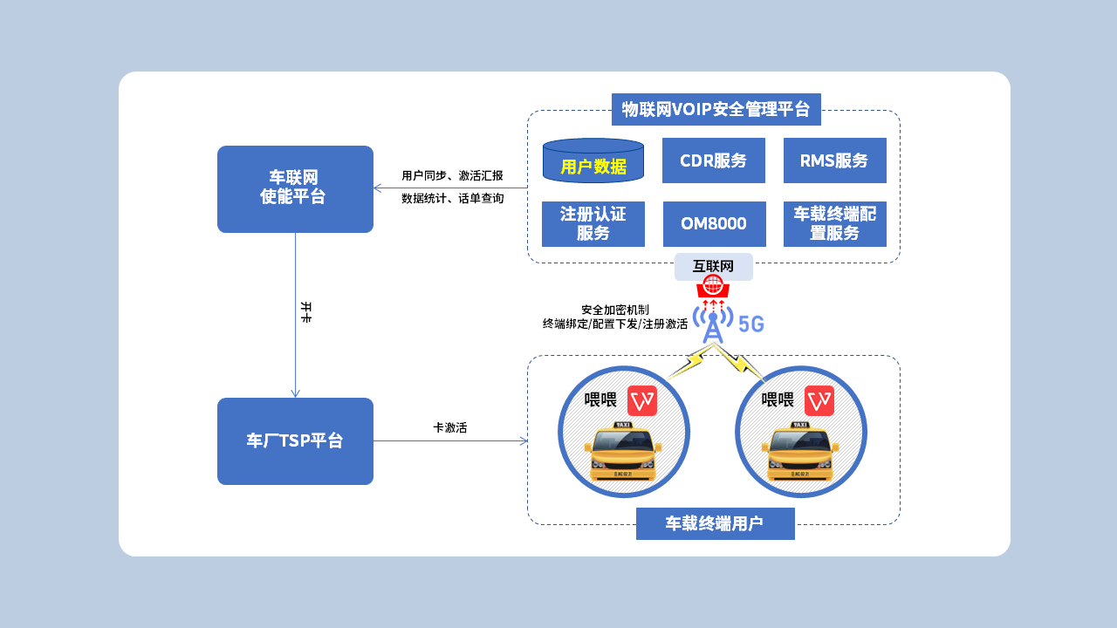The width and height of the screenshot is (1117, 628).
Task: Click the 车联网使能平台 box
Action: pos(295,188)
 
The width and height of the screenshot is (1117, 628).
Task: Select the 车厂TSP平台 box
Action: pos(295,441)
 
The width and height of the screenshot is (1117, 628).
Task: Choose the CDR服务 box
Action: pos(714,160)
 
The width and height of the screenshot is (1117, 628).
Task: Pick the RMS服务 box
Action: pos(835,160)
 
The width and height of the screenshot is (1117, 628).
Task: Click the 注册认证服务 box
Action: pos(593,224)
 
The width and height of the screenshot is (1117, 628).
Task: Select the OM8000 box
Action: pos(714,224)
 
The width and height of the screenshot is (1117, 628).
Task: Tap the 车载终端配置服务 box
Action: pos(835,224)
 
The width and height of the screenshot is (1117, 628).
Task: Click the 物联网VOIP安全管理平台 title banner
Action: pos(716,110)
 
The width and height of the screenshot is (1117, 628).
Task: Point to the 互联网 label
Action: pos(714,267)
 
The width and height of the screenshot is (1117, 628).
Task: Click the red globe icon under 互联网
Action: pos(713,285)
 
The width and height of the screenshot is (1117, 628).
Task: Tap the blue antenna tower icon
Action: pos(713,323)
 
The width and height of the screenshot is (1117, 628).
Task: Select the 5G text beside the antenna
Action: pos(751,324)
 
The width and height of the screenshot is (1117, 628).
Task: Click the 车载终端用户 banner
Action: pos(716,523)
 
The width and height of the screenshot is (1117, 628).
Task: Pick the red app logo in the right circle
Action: pos(819,400)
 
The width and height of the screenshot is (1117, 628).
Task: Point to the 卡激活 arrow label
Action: pos(450,428)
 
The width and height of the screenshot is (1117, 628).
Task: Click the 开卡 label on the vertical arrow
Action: pos(305,312)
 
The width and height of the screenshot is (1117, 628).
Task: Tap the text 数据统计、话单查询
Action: pos(453,199)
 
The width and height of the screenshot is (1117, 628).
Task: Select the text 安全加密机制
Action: pos(615,310)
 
